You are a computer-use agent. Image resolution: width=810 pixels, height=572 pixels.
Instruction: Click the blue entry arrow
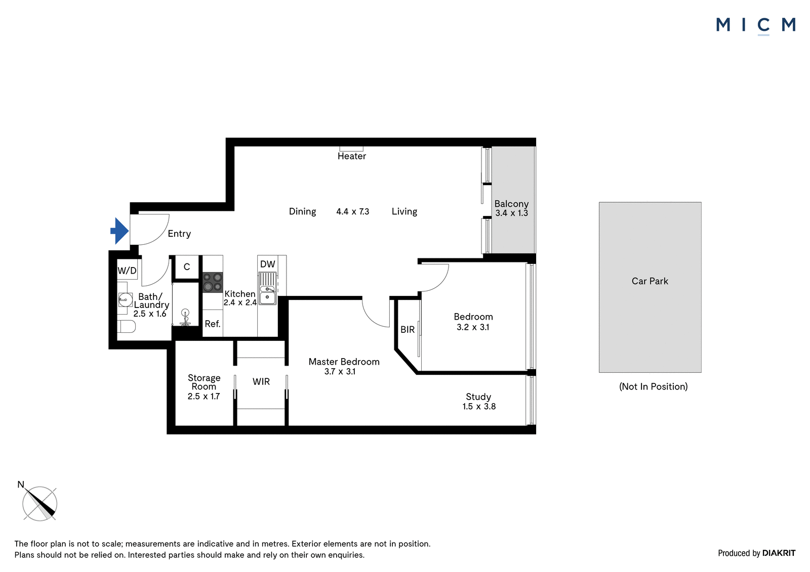click(x=119, y=231)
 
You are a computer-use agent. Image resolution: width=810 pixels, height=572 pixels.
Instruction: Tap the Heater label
click(x=351, y=156)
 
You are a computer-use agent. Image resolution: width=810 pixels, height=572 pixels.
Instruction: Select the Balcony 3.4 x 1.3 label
click(x=511, y=208)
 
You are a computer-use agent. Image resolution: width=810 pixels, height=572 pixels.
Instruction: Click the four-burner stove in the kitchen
click(x=213, y=282)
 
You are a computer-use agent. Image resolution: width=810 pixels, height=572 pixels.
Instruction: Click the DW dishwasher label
click(x=268, y=264)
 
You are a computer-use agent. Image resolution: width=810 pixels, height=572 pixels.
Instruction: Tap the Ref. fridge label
click(x=213, y=324)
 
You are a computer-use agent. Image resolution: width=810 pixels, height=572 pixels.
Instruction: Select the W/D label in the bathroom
click(x=127, y=270)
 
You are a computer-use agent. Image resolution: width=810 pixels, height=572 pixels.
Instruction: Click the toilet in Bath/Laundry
click(x=126, y=326)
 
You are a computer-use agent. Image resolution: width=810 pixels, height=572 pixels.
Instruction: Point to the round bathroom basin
click(x=125, y=299)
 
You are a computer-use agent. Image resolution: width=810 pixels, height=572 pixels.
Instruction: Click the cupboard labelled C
click(x=187, y=267)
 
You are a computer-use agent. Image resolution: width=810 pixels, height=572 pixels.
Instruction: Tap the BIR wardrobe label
click(x=408, y=330)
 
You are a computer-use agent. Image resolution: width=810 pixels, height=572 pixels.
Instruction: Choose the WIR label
click(x=261, y=381)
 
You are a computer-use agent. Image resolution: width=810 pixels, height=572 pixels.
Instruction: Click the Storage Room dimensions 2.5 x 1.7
click(x=204, y=397)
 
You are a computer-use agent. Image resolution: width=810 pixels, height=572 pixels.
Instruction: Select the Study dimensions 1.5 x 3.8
click(x=479, y=407)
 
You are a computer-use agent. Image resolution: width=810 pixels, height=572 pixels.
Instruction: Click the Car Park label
click(x=650, y=281)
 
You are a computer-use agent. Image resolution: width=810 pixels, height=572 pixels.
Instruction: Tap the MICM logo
click(x=756, y=26)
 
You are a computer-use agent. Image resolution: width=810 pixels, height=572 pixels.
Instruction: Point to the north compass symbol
click(x=39, y=502)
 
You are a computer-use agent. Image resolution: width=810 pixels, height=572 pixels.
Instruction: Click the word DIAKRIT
click(x=779, y=553)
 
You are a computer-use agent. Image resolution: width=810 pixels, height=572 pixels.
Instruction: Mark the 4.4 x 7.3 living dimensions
click(x=352, y=211)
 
